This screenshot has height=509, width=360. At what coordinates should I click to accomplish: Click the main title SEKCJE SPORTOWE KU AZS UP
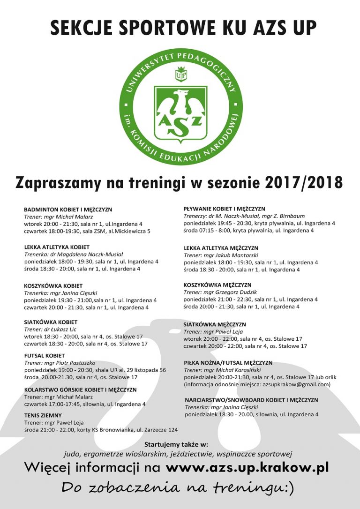[183, 28]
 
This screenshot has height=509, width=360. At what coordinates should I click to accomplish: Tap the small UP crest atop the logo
[181, 74]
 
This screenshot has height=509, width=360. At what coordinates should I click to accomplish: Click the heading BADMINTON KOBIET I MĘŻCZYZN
[68, 210]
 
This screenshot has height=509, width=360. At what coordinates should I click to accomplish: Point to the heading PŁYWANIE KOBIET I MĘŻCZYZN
[224, 209]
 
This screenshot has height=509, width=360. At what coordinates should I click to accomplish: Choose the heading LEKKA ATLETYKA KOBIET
[57, 247]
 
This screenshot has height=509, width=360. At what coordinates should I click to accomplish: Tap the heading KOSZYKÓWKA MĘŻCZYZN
[217, 285]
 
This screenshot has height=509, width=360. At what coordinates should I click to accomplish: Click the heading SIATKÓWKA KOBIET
[51, 322]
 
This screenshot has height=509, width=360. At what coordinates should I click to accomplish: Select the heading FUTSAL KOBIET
[45, 356]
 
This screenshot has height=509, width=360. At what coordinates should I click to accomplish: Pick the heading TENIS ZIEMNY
[43, 415]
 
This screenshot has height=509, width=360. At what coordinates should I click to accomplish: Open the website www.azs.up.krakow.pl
[247, 467]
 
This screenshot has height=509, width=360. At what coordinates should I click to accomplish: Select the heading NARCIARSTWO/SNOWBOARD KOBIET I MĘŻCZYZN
[251, 400]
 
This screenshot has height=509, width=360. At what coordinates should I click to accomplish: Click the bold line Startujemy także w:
[176, 444]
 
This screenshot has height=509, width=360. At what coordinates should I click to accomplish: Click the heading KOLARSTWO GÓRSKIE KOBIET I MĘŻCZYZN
[80, 389]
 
